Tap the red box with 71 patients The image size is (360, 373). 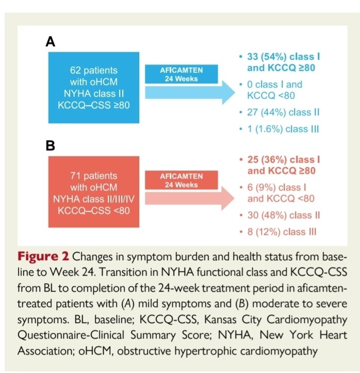pos(93,193)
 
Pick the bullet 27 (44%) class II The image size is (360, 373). pos(281,112)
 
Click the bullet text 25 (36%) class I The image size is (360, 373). pos(281,161)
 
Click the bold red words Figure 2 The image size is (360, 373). pos(43,257)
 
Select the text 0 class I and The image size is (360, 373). pos(274,84)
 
